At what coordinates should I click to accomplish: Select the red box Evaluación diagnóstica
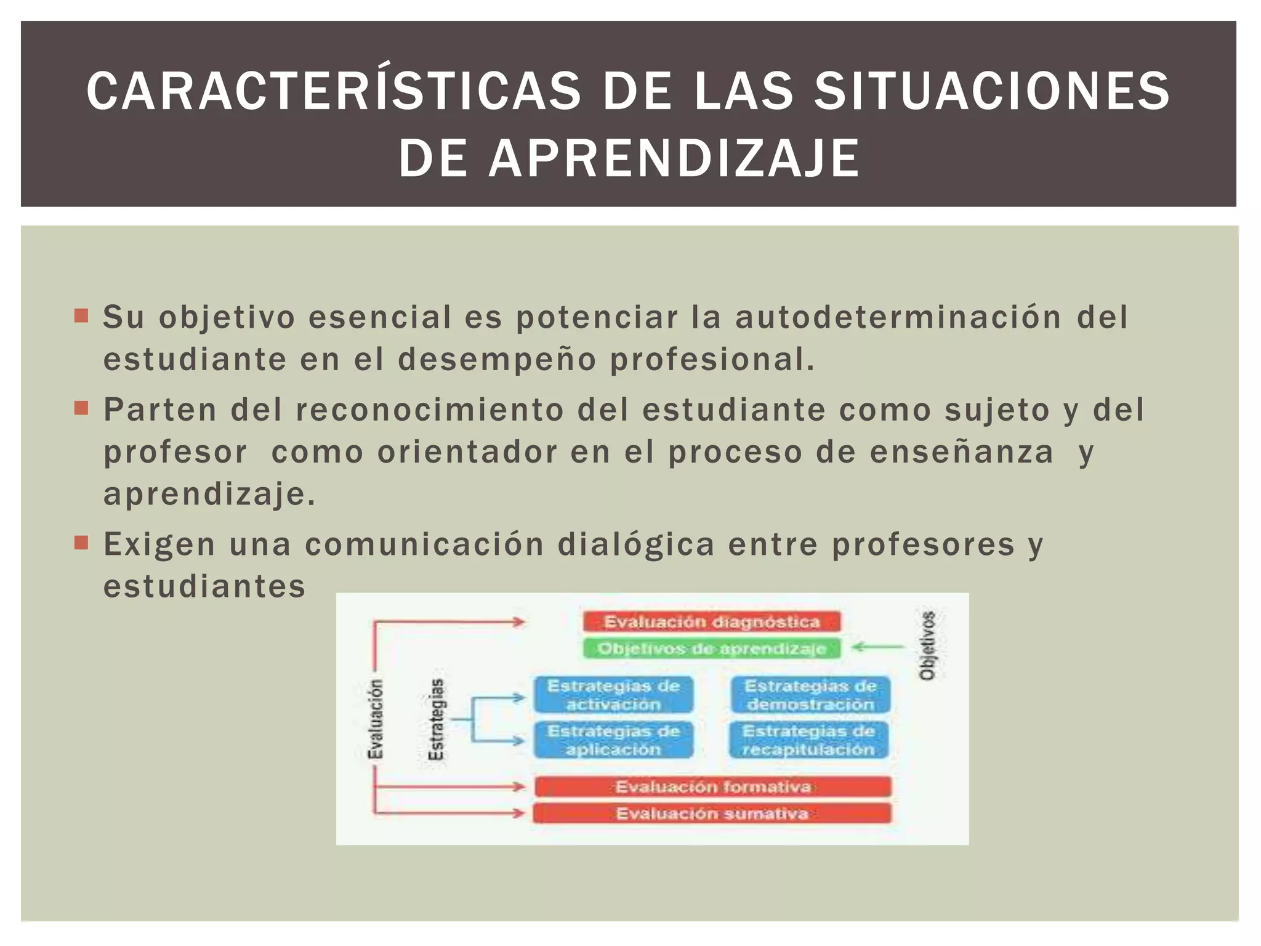(x=712, y=621)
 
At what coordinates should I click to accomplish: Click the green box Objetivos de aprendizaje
(x=712, y=649)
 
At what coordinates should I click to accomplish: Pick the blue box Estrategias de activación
(x=613, y=695)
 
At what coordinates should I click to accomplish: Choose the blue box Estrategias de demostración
(x=810, y=695)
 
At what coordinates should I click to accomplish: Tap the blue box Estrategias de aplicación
(x=613, y=740)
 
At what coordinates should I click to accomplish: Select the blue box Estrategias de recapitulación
(x=809, y=740)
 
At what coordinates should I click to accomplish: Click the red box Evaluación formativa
(x=713, y=786)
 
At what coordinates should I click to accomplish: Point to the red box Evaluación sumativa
(x=712, y=814)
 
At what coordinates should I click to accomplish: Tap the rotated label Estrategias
(x=436, y=719)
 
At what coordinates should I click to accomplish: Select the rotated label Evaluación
(x=375, y=719)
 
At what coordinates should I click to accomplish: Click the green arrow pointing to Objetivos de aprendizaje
(x=877, y=647)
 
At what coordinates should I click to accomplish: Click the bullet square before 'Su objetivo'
(x=81, y=316)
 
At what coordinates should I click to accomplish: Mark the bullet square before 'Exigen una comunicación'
(x=81, y=543)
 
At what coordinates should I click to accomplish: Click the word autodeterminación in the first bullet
(x=898, y=318)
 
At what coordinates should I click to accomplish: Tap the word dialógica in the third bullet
(x=636, y=544)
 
